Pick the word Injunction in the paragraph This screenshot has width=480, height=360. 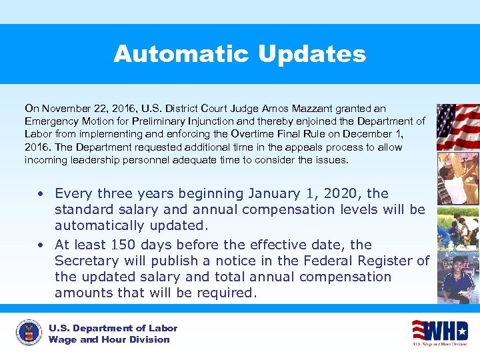(x=215, y=121)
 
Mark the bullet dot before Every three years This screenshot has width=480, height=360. (x=41, y=194)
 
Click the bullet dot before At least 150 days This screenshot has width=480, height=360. (x=41, y=245)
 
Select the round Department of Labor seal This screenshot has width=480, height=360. (x=29, y=333)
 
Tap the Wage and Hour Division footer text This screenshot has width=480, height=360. (x=109, y=340)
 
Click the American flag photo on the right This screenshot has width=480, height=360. (x=457, y=126)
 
